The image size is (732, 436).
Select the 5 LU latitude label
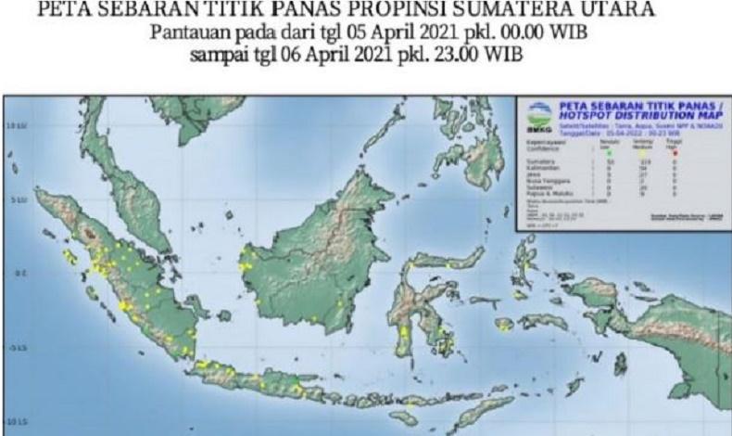click(16, 199)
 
